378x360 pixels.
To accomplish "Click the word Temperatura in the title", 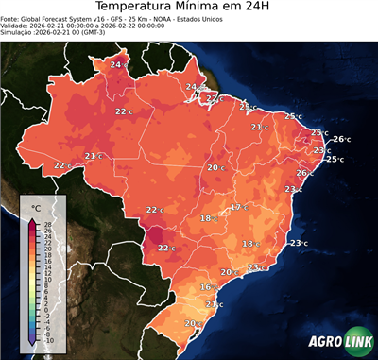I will coord(139,9).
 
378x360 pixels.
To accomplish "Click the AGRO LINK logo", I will coord(339,343).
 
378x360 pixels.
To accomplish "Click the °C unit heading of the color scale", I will coord(36,207).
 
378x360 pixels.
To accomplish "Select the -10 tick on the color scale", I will coord(47,340).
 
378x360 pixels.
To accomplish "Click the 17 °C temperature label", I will coord(240,207).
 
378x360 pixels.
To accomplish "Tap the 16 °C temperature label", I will coord(209,287).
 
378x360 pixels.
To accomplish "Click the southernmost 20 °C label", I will coord(193,324).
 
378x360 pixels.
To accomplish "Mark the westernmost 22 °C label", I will coord(62,165).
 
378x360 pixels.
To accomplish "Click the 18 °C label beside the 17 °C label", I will coord(209,218).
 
